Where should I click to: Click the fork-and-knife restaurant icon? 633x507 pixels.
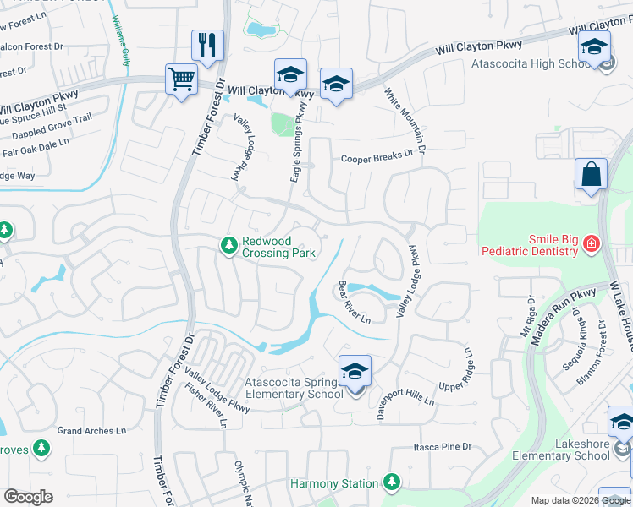point(207,45)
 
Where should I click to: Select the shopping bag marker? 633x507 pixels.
point(591,174)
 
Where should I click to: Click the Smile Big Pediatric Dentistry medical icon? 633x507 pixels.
point(591,245)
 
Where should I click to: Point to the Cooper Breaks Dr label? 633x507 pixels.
point(380,157)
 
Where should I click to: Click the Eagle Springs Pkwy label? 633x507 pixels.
point(297,144)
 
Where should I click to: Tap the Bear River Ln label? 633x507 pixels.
point(355,303)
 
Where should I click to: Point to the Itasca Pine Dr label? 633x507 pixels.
point(441,446)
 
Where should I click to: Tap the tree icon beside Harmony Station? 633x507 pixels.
point(390,482)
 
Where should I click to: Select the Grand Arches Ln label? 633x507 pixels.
point(91,431)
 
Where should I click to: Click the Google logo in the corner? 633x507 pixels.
point(28,497)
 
